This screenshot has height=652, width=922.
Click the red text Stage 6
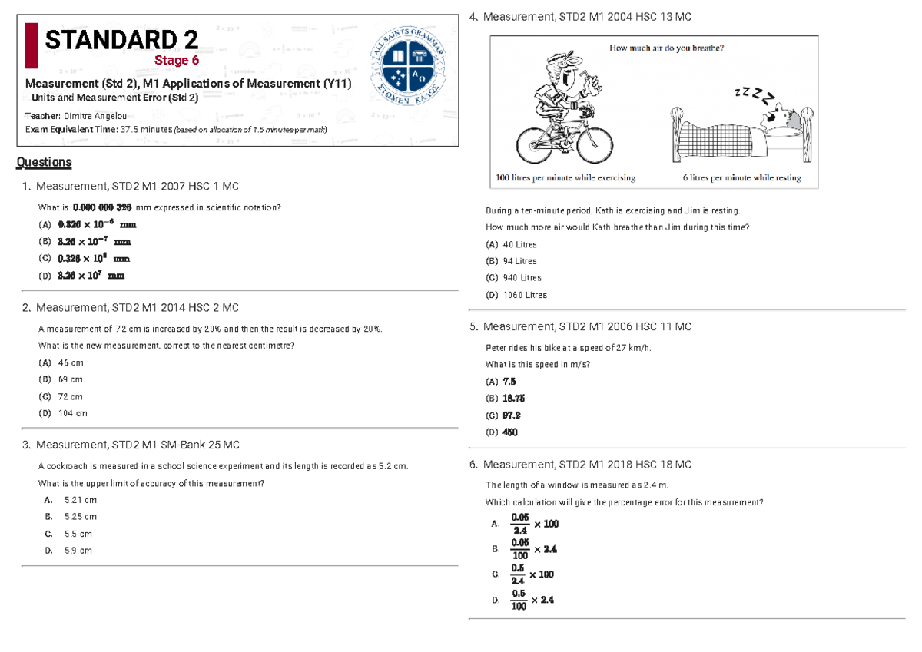(x=172, y=61)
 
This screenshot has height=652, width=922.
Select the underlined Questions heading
(x=44, y=162)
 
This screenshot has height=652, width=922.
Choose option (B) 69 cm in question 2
(x=61, y=379)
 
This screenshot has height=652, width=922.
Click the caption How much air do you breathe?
(x=667, y=48)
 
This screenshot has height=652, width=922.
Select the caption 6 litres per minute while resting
(x=741, y=178)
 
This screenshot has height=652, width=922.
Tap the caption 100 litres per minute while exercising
(x=565, y=178)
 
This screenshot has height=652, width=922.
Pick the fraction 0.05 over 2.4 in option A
(x=520, y=524)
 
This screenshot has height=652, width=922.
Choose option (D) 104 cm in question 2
(x=63, y=413)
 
